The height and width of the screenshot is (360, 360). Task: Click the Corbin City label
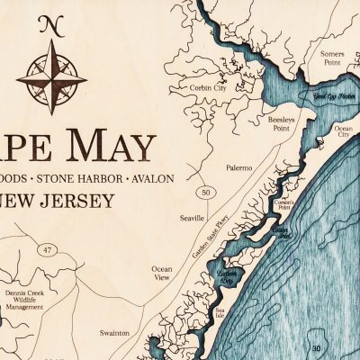coord(209,88)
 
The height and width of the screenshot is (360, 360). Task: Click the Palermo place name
coord(239,166)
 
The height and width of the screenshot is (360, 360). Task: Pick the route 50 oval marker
coord(206,192)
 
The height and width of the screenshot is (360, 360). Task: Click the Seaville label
coord(193,219)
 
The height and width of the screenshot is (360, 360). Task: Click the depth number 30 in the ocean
coord(315,348)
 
